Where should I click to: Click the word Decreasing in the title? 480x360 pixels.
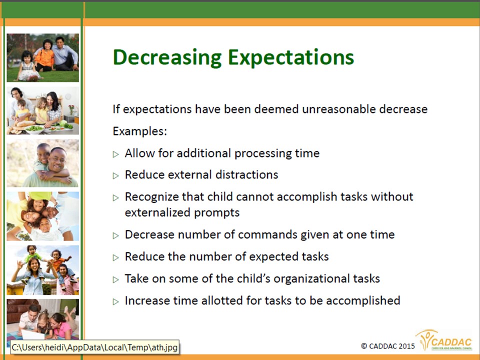(x=167, y=58)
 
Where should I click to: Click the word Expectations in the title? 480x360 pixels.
(x=291, y=58)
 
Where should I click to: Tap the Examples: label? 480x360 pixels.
(x=140, y=131)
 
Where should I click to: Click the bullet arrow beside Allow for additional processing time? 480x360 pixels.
(x=115, y=154)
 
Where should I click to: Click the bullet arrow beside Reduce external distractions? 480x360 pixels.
(x=115, y=175)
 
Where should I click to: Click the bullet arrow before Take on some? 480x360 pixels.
(x=115, y=279)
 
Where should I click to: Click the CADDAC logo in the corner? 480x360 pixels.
(x=444, y=340)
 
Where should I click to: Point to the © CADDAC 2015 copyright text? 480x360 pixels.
(x=388, y=346)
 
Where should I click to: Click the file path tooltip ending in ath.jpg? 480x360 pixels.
(x=94, y=347)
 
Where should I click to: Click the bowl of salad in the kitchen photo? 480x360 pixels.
(x=34, y=129)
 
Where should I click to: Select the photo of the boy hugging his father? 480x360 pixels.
(x=43, y=163)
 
